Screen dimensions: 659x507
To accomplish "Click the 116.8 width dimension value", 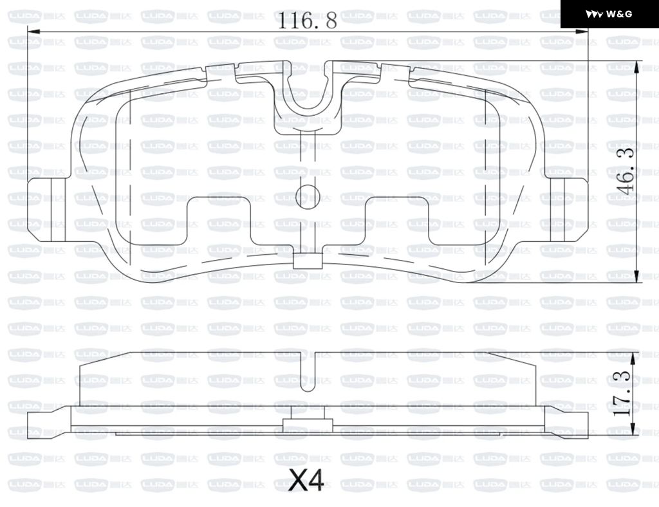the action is click(x=307, y=21).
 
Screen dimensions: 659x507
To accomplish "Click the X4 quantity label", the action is click(x=306, y=480).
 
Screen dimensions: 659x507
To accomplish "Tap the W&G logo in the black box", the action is click(x=609, y=14).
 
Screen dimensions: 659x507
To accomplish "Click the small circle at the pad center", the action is click(x=308, y=197).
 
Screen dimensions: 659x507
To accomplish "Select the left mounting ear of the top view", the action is click(x=47, y=210).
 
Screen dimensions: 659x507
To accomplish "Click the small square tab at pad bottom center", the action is click(x=307, y=261).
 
